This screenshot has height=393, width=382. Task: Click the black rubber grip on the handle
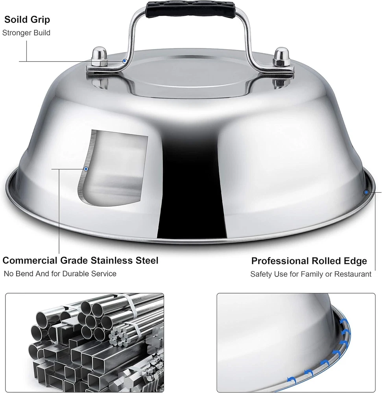190,9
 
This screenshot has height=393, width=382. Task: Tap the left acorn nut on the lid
99,57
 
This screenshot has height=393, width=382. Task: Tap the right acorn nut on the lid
282,57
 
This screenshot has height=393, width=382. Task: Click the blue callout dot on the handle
124,61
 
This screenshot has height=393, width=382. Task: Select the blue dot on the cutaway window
86,169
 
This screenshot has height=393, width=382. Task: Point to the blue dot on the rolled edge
366,192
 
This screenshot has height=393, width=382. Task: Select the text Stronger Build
26,33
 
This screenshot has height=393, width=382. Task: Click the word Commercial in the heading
30,261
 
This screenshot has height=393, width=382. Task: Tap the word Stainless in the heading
112,261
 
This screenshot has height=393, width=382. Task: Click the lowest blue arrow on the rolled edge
291,380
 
